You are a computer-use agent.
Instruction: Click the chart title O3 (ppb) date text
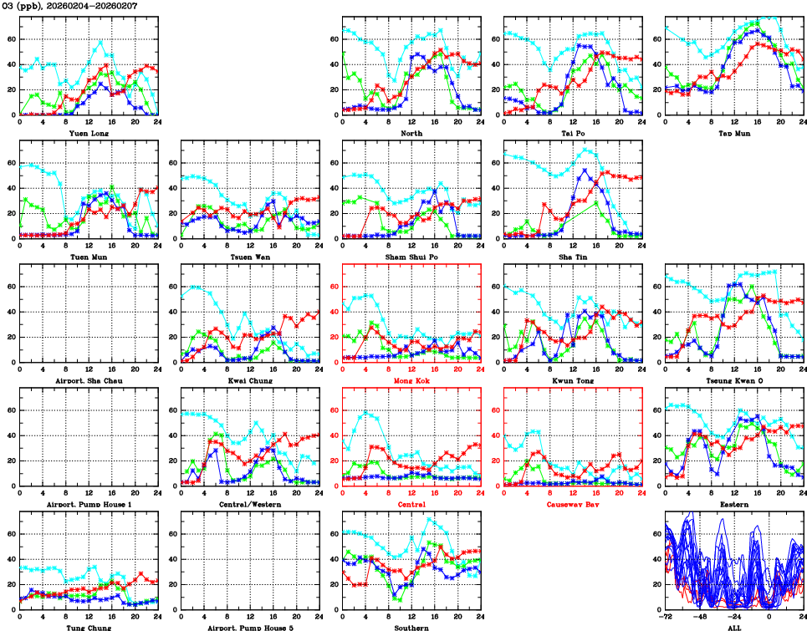coord(69,6)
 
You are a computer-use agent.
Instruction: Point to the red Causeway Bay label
coord(572,504)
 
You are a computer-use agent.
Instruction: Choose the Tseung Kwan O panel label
coord(733,380)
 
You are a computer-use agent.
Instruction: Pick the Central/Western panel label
coord(249,504)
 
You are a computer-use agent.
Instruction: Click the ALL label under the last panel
coord(733,627)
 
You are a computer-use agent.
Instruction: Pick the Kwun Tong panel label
coord(572,380)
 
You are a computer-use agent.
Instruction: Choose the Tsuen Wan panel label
coord(249,257)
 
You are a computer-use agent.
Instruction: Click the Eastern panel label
coord(733,504)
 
